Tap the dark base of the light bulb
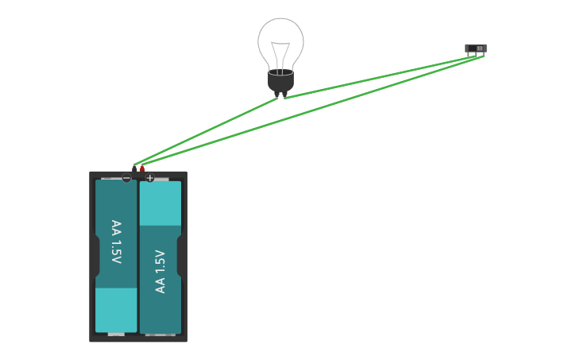pos(280,80)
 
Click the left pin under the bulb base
pos(276,95)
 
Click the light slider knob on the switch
pos(480,48)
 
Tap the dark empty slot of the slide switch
pos(472,48)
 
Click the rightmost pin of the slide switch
pos(482,55)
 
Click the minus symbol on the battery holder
pos(126,178)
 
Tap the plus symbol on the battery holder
pos(149,178)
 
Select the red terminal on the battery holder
pos(142,168)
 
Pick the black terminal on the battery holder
pos(135,168)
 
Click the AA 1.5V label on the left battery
pos(116,242)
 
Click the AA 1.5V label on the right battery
pos(160,271)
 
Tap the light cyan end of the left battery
pos(116,309)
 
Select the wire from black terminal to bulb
pos(207,130)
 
